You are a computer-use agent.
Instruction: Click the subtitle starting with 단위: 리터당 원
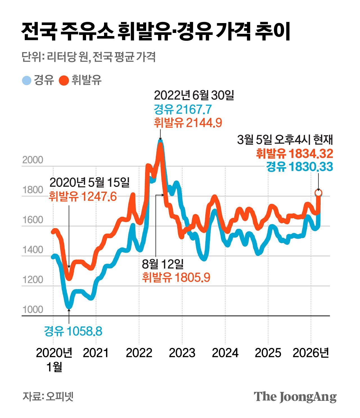coord(89,57)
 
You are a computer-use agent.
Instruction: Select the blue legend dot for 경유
coord(27,81)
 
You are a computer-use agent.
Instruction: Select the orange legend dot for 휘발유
coord(64,81)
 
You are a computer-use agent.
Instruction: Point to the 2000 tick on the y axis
coord(33,160)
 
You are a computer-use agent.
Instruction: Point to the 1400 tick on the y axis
coord(33,250)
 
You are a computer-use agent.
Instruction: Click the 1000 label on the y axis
coord(33,310)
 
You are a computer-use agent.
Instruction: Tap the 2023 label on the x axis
coord(182,353)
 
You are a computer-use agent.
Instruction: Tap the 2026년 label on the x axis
coord(311,353)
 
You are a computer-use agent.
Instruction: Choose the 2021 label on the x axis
coord(96,353)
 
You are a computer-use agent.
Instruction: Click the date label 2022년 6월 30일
coord(194,95)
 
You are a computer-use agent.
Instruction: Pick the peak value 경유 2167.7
coord(183,109)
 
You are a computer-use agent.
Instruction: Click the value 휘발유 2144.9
coord(188,123)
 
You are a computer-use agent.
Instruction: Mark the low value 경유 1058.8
coord(73,331)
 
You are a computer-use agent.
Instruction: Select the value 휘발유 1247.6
coord(83,196)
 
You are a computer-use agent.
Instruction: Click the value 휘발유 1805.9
coord(176,278)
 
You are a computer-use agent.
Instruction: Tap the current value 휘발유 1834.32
coord(294,154)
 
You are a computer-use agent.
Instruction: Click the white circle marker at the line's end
coord(318,193)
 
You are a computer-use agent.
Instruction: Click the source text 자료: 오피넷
coord(48,396)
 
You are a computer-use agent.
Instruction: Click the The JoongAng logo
coord(295,397)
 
